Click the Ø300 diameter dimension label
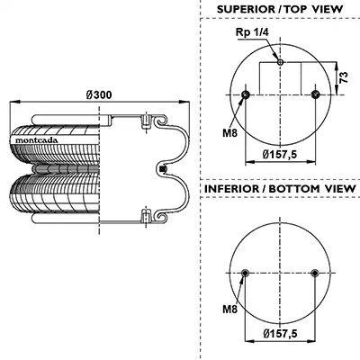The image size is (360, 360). click(99, 94)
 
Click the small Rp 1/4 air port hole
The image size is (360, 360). click(280, 62)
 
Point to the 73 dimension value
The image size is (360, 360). click(345, 77)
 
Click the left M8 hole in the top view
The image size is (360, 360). click(246, 94)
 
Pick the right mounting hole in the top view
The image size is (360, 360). click(315, 94)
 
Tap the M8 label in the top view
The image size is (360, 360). click(229, 132)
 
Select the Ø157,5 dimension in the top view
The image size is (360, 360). click(280, 154)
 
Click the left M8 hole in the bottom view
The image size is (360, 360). click(246, 273)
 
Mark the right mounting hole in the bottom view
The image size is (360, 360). click(315, 273)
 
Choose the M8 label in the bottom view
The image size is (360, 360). click(229, 309)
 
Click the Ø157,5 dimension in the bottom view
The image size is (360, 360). click(280, 333)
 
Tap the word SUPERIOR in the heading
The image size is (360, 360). click(246, 9)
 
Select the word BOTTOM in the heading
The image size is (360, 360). click(290, 189)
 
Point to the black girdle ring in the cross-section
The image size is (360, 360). click(163, 169)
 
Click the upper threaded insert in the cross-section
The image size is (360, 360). click(146, 121)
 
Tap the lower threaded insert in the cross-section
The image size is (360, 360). click(146, 215)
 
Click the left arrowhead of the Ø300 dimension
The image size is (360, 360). click(14, 103)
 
